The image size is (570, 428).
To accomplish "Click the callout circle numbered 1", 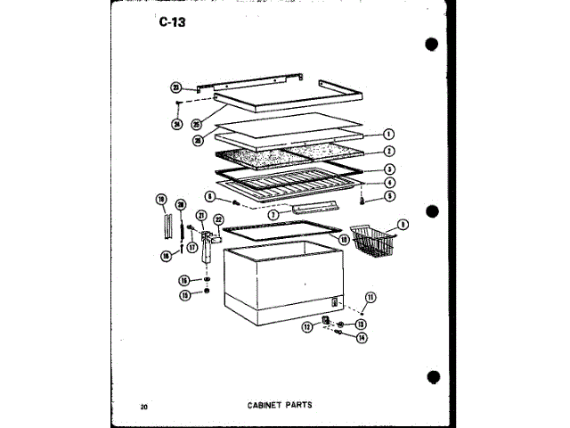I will pos(389,135).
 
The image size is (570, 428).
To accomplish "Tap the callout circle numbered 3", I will pos(389,168).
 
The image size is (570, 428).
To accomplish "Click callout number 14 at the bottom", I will pos(362,337).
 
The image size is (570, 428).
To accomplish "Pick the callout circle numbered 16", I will pos(183,280).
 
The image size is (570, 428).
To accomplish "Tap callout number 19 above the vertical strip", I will pos(161,198).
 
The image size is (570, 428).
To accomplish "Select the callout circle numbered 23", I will pos(176,87).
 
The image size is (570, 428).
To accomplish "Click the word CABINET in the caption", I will pos(265,404).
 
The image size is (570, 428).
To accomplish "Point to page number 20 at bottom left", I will pos(143,407).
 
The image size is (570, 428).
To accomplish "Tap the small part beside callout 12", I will pos(326,320).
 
